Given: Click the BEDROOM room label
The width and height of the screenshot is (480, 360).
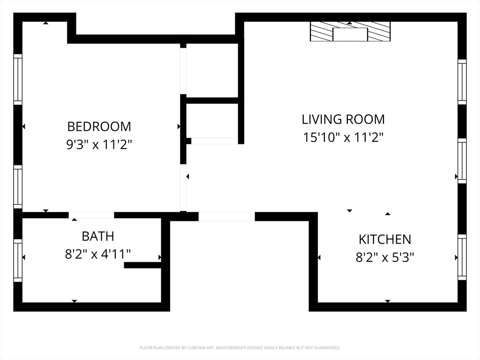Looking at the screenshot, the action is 99,127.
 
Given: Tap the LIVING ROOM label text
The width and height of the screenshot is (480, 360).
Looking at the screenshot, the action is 343,120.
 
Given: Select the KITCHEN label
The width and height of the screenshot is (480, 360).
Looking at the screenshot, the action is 385,240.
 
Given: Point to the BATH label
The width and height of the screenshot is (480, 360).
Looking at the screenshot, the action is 98,236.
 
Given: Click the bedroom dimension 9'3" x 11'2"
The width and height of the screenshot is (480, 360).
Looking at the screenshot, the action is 99,144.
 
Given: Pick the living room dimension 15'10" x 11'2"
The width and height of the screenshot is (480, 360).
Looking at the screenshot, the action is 343,137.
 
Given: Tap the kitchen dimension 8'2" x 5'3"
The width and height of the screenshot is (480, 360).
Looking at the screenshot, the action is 385,257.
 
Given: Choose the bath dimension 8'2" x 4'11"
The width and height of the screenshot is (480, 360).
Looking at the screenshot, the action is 98,254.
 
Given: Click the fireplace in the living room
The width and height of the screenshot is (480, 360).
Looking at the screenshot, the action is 350,31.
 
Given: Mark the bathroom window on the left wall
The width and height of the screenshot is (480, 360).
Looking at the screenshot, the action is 18,261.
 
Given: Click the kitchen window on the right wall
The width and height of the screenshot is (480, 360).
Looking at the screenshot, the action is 462,257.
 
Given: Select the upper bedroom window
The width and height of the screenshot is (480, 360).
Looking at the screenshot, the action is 18,79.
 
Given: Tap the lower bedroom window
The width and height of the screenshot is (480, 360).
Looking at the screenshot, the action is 18,187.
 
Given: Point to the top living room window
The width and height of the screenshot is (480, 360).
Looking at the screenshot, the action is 462,82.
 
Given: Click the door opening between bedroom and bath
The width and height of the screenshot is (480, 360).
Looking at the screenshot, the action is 91,215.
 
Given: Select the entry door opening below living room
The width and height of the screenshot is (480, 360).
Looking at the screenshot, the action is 226,217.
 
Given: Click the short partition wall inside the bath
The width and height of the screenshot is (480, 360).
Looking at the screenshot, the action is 142,265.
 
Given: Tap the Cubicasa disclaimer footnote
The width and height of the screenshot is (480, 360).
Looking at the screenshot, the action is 240,348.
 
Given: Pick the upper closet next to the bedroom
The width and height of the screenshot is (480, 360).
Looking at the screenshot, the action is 212,70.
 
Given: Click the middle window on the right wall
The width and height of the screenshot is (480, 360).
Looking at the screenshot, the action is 462,161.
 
